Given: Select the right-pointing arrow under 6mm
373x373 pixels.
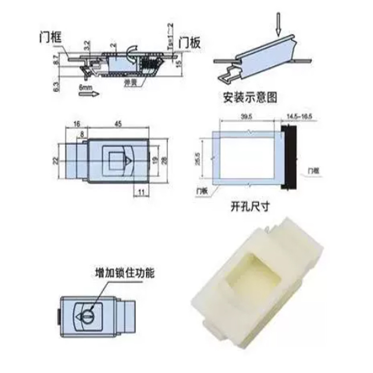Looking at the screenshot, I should coord(88,95).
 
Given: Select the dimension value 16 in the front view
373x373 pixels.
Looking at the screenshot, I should coord(76,124).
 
